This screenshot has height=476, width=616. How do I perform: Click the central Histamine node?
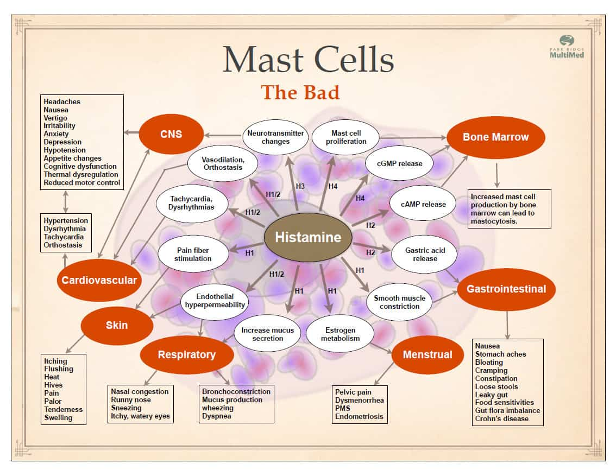307,237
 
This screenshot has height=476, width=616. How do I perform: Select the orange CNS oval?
171,134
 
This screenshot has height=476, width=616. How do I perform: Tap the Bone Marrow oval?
495,137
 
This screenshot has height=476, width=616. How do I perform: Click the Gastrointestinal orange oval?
506,289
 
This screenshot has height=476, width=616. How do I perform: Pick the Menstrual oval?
428,354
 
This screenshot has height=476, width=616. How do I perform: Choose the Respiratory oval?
187,355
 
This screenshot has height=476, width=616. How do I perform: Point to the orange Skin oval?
117,325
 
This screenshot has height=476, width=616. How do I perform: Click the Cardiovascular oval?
99,280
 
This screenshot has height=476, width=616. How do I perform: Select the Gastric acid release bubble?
424,255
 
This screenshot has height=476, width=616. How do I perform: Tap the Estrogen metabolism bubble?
341,334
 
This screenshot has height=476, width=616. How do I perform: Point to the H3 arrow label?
300,187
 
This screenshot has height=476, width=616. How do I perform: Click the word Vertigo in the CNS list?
55,118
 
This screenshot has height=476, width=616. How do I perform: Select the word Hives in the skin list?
53,385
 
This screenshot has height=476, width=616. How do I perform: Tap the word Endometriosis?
359,417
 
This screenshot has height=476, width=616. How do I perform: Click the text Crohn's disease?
501,418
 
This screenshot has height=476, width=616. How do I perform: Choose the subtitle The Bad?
300,92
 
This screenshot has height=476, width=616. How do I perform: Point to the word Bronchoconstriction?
236,391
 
